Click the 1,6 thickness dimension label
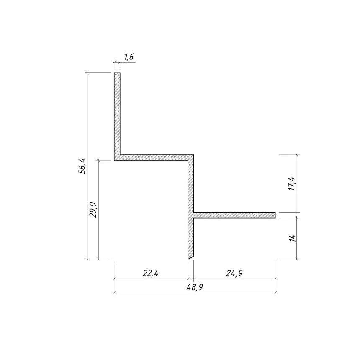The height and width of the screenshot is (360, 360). pyautogui.click(x=129, y=57)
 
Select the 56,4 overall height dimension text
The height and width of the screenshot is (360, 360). pyautogui.click(x=82, y=166)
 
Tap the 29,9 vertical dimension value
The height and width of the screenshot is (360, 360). pyautogui.click(x=93, y=210)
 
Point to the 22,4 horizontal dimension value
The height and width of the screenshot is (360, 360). pyautogui.click(x=151, y=273)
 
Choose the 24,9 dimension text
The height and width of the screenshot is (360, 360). pyautogui.click(x=234, y=273)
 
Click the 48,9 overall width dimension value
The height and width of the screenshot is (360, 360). pyautogui.click(x=195, y=287)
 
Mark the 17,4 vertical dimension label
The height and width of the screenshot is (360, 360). pyautogui.click(x=293, y=184)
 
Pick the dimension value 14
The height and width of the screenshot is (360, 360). pyautogui.click(x=293, y=238)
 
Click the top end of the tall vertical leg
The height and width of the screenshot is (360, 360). pyautogui.click(x=117, y=73)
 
